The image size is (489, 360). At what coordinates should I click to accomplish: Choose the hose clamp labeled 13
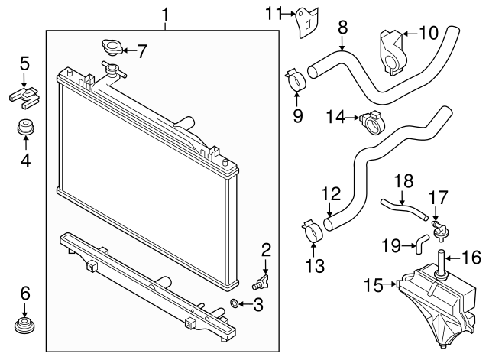point(312,231)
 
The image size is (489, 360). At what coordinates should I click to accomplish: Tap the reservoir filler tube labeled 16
point(441,258)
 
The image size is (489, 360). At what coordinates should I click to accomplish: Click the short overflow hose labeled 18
point(403,208)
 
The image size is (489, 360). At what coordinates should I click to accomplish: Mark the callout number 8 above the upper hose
point(343,28)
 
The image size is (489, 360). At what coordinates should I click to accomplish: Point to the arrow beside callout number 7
point(128,51)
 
